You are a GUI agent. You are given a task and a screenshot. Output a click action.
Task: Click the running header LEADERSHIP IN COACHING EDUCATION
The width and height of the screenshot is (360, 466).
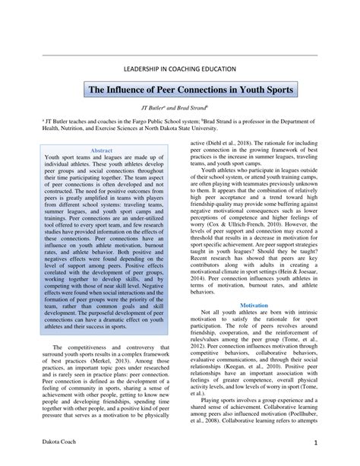(179, 69)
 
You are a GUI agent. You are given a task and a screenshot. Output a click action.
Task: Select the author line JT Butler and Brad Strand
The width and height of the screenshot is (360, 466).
(179, 109)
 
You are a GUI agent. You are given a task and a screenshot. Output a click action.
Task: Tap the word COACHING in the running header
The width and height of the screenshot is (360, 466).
(172, 69)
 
